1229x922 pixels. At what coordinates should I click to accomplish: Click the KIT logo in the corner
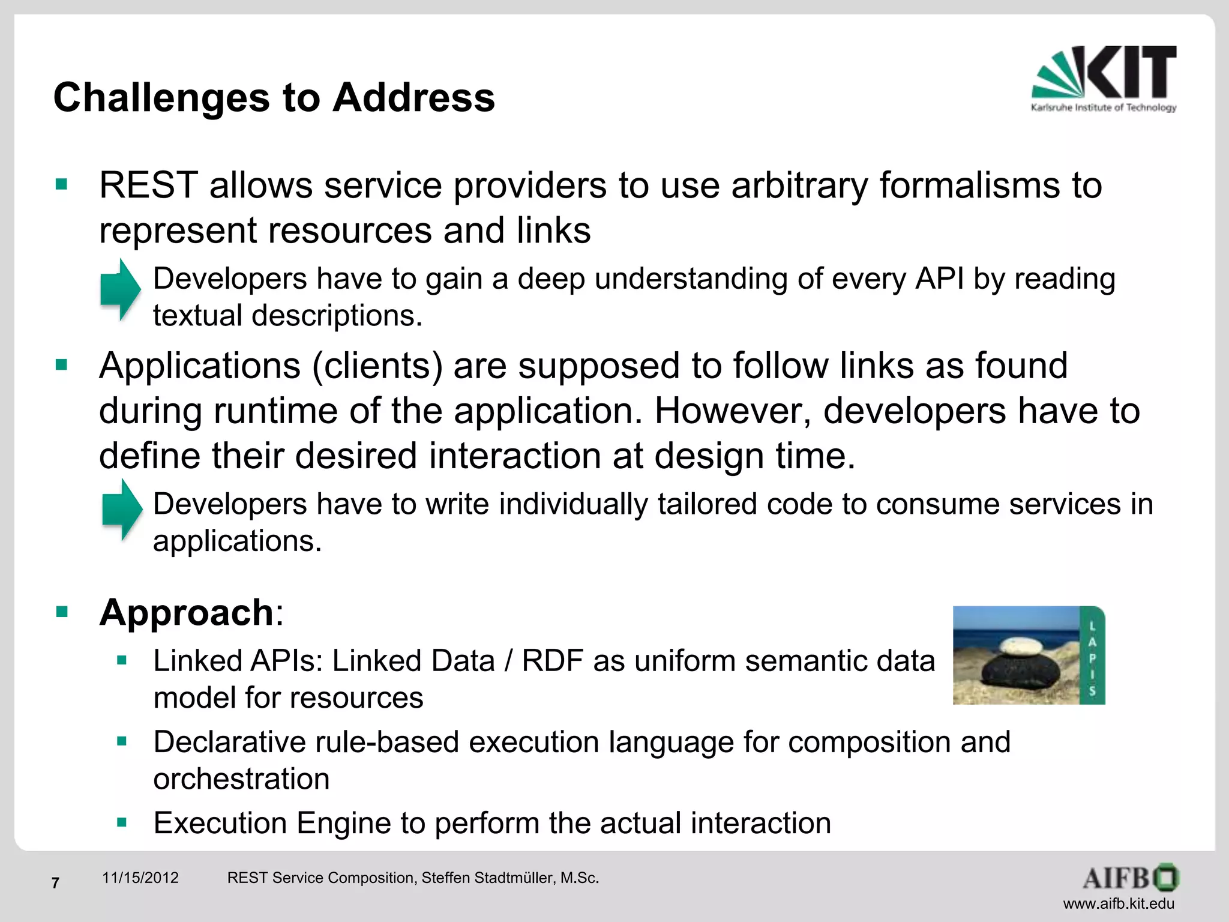[x=1104, y=78]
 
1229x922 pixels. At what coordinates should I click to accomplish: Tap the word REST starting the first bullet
[x=148, y=185]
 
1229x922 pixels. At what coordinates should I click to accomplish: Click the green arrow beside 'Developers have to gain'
[x=120, y=289]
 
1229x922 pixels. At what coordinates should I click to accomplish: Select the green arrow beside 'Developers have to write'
[x=122, y=510]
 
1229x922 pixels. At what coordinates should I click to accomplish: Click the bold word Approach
[x=187, y=613]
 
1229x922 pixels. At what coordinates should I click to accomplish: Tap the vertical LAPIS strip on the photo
[x=1092, y=655]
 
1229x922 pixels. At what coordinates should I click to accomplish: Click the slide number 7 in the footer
[x=55, y=883]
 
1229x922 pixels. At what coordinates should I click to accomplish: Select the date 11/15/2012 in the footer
[x=140, y=878]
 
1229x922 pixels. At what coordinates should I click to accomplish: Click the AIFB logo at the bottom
[x=1131, y=878]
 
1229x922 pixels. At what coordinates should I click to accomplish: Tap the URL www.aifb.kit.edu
[x=1119, y=903]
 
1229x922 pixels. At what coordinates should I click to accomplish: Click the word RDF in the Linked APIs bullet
[x=552, y=661]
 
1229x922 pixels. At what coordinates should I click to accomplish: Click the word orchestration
[x=241, y=779]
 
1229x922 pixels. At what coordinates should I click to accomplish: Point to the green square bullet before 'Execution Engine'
[x=122, y=822]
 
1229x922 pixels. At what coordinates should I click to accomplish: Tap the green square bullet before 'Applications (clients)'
[x=61, y=364]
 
